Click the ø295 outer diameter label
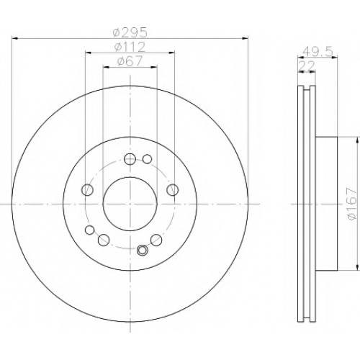[x=130, y=32]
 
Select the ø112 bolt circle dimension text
[x=130, y=46]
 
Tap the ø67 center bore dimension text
[x=130, y=60]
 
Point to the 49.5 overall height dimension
[x=318, y=51]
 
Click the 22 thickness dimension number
[x=306, y=66]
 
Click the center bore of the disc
[x=130, y=204]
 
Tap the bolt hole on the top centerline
[x=130, y=158]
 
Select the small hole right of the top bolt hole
[x=147, y=159]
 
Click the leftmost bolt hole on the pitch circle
[x=87, y=190]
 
